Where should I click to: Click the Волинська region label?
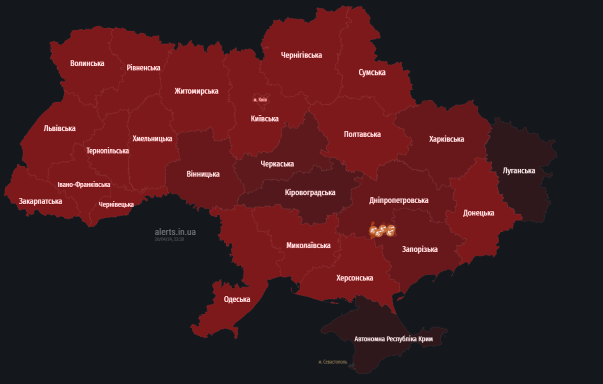click(87, 63)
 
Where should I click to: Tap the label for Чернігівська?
click(301, 55)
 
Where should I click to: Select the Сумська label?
click(372, 72)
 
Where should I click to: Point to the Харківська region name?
click(446, 139)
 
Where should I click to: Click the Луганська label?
click(518, 170)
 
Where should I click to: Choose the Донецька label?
click(478, 213)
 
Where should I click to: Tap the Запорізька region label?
click(419, 249)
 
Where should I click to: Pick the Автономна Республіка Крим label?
click(393, 339)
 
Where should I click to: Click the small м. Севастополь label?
click(332, 362)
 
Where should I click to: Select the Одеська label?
click(237, 299)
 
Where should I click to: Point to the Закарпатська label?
click(40, 201)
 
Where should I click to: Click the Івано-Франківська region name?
click(84, 184)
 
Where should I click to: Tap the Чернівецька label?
click(116, 204)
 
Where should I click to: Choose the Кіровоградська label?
click(310, 192)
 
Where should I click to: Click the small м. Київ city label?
click(260, 99)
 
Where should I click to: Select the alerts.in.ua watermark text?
click(175, 232)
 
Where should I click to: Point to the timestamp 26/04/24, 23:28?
click(169, 239)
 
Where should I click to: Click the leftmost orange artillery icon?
click(373, 230)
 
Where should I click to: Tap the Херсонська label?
click(354, 278)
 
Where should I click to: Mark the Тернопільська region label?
click(107, 150)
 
